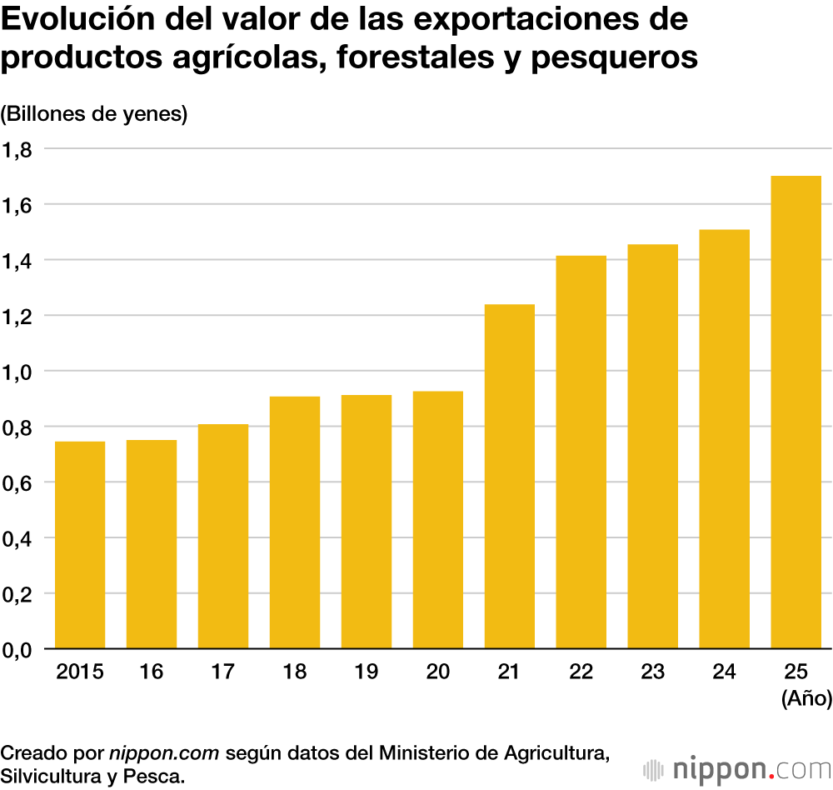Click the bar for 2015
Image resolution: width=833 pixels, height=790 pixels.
point(80,545)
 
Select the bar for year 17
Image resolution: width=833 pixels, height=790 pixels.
point(223,537)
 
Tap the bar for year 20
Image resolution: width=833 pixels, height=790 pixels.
point(438,520)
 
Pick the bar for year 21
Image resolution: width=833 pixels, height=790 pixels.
point(510,477)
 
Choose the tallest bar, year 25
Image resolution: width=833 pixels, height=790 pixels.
point(796,412)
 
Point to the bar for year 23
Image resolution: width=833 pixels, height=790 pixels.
point(653,447)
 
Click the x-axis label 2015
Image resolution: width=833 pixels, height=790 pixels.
point(80,672)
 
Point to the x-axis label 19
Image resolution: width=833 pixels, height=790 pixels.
point(367,672)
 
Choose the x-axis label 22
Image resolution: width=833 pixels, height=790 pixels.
point(581,672)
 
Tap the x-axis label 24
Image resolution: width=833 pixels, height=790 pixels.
point(725,672)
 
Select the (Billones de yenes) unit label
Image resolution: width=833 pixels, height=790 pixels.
point(94,114)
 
